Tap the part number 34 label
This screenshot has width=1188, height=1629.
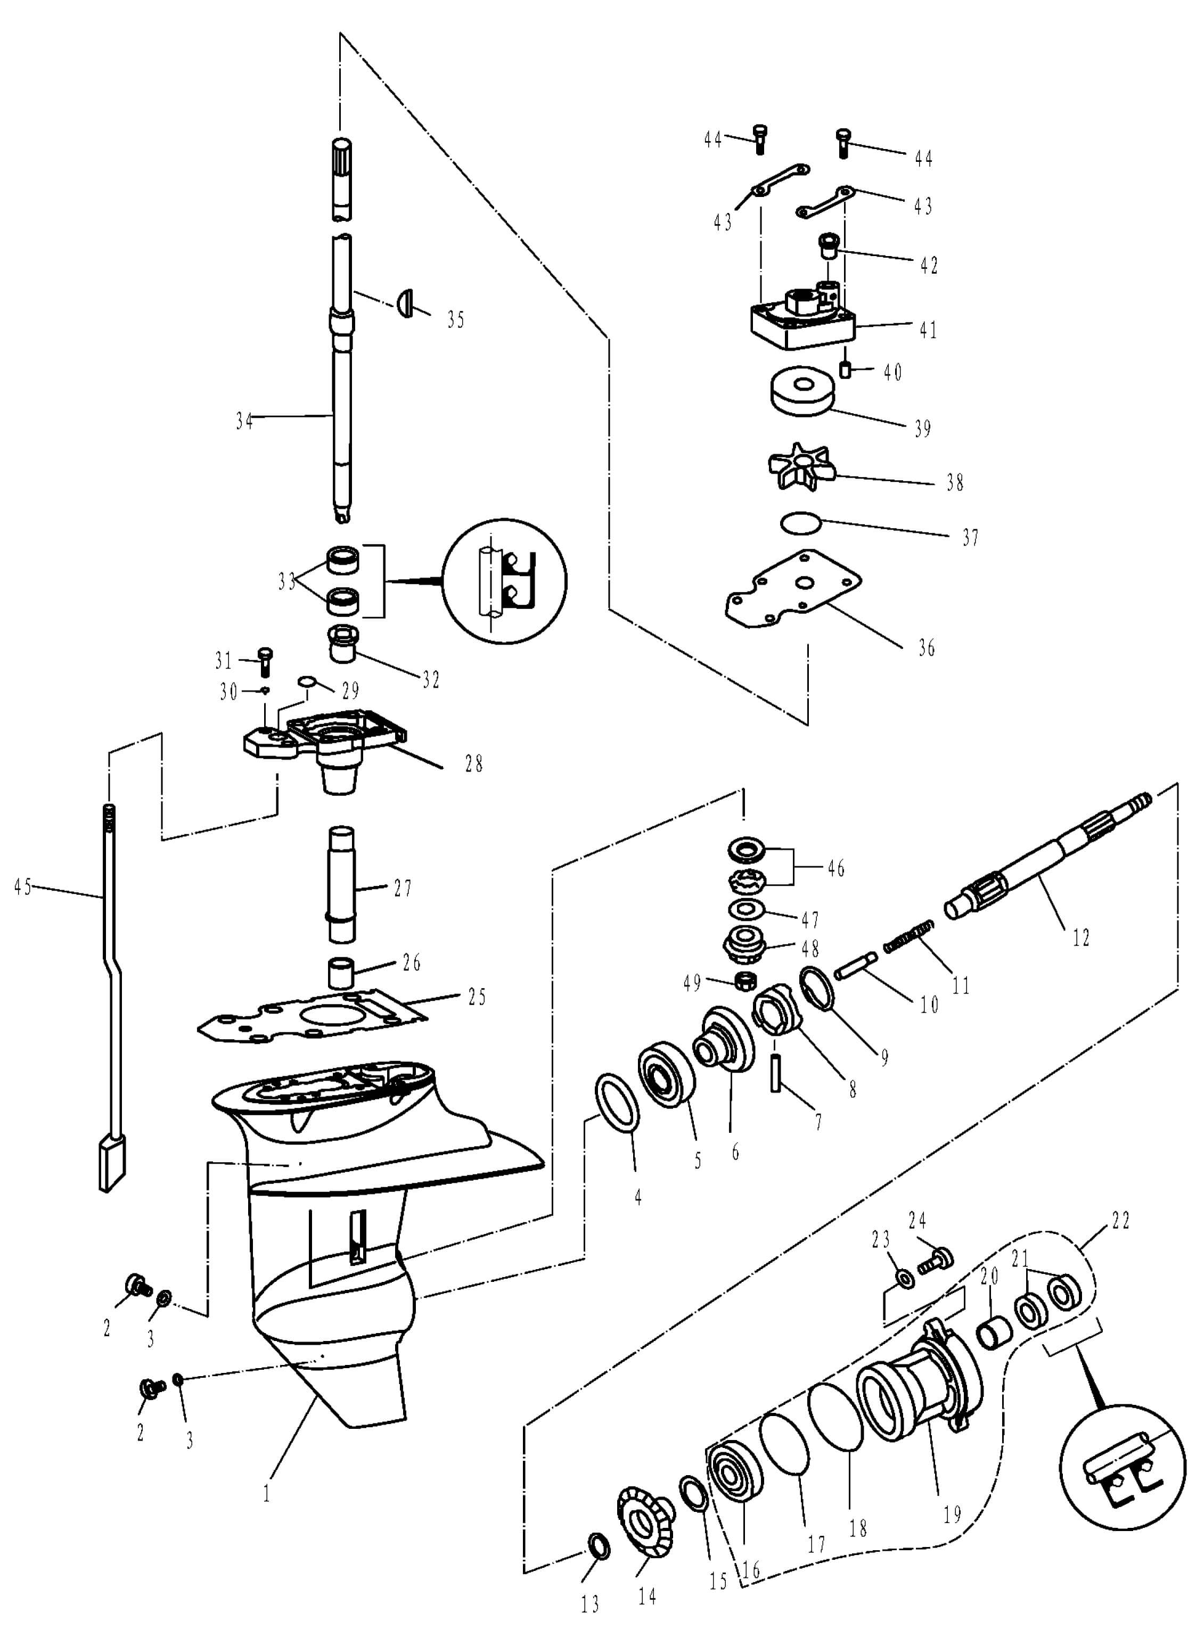[x=244, y=421]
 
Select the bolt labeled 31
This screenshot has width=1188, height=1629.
[x=265, y=661]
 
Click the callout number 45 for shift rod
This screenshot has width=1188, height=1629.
[x=23, y=887]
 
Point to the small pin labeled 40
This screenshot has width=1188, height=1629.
[x=845, y=369]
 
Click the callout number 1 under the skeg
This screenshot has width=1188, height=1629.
[x=267, y=1494]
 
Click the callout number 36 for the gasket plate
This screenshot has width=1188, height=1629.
[x=927, y=648]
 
